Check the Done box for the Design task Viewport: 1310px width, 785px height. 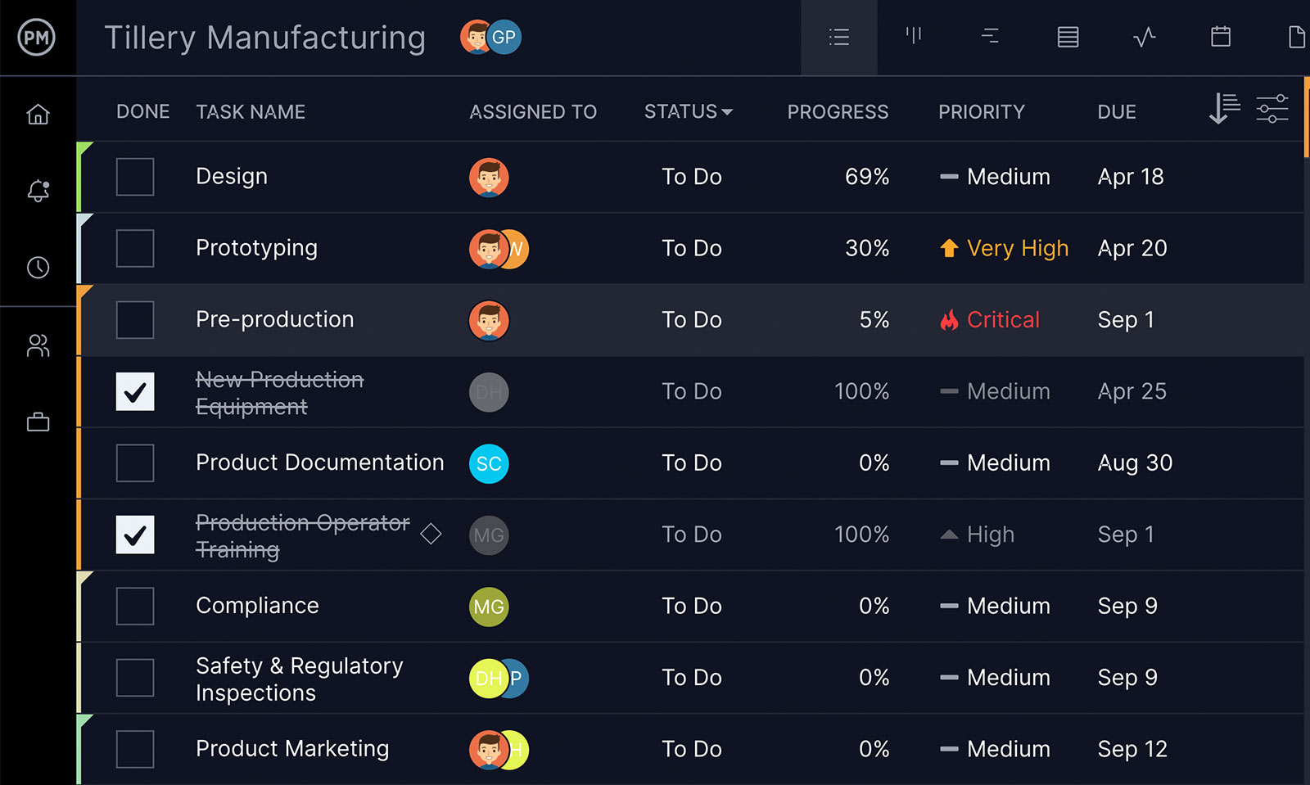point(135,177)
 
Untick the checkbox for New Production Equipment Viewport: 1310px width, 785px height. point(135,391)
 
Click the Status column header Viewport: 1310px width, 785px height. point(688,111)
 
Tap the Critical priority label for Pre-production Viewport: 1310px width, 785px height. point(1002,320)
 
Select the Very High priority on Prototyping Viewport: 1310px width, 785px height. point(1017,248)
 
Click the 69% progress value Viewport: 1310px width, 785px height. point(866,177)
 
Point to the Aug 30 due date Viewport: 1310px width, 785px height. point(1134,463)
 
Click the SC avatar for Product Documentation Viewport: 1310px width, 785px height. point(489,464)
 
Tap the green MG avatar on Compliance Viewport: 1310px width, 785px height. point(489,607)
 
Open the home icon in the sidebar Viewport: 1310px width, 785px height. point(38,115)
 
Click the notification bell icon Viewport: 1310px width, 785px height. point(38,191)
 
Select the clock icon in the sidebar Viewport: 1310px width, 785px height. point(38,268)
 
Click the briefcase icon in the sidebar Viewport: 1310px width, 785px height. point(38,422)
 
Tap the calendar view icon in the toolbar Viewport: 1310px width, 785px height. point(1220,37)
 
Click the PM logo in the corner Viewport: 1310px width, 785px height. point(37,37)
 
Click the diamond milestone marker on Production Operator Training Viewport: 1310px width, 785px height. point(431,535)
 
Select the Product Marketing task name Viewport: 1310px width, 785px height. point(292,749)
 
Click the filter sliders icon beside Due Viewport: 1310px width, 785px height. point(1272,109)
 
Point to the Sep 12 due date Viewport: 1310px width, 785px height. point(1132,749)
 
